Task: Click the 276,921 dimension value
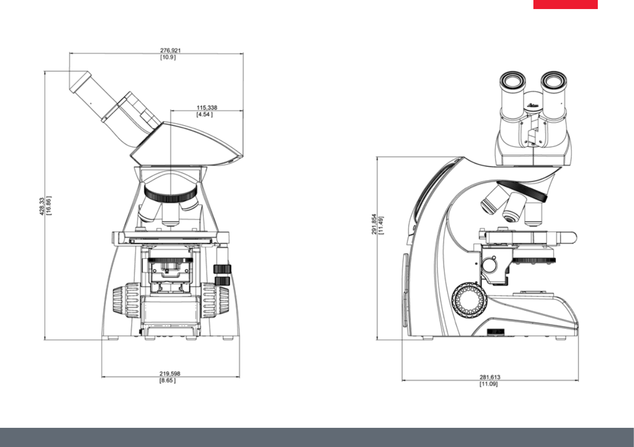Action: [x=170, y=51]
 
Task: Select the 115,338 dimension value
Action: [x=207, y=108]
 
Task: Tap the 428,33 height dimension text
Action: [x=42, y=206]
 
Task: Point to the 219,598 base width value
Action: [x=170, y=374]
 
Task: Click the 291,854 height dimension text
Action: [x=374, y=224]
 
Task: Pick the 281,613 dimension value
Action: [x=490, y=377]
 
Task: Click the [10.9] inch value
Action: [x=168, y=58]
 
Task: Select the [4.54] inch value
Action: [x=204, y=115]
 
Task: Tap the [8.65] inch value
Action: [x=167, y=380]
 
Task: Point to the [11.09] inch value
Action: [x=489, y=384]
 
